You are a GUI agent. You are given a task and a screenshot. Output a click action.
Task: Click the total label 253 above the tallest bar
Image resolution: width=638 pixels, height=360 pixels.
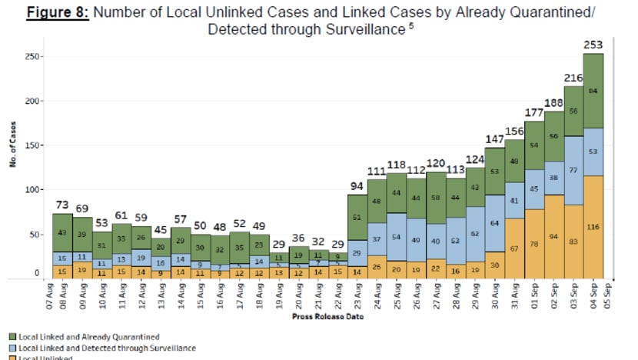593,45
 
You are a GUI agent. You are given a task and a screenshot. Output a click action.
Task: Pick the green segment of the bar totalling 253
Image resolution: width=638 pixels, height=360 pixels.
593,92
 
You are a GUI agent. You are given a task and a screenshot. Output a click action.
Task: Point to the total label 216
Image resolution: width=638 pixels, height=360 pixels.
573,78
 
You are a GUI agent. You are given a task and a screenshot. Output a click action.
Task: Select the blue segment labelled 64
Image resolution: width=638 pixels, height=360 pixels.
493,224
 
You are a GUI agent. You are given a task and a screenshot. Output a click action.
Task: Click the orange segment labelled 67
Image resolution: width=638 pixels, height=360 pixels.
513,248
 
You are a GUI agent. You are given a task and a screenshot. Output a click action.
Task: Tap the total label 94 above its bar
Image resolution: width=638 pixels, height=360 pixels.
356,186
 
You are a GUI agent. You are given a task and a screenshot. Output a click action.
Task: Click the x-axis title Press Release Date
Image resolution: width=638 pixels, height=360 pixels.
323,316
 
